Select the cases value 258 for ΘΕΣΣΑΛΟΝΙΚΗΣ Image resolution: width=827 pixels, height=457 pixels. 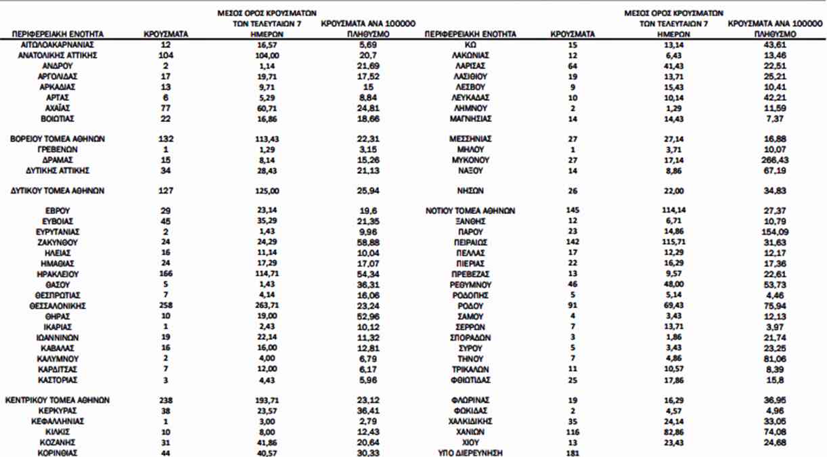166,305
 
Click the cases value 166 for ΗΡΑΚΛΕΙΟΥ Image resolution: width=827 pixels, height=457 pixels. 166,274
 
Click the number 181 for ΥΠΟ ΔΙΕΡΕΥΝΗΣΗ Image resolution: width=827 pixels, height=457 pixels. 572,453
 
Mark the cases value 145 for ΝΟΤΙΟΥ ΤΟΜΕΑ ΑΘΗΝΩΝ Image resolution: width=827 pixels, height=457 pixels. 572,211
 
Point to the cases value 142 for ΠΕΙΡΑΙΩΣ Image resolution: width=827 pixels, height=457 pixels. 572,242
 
